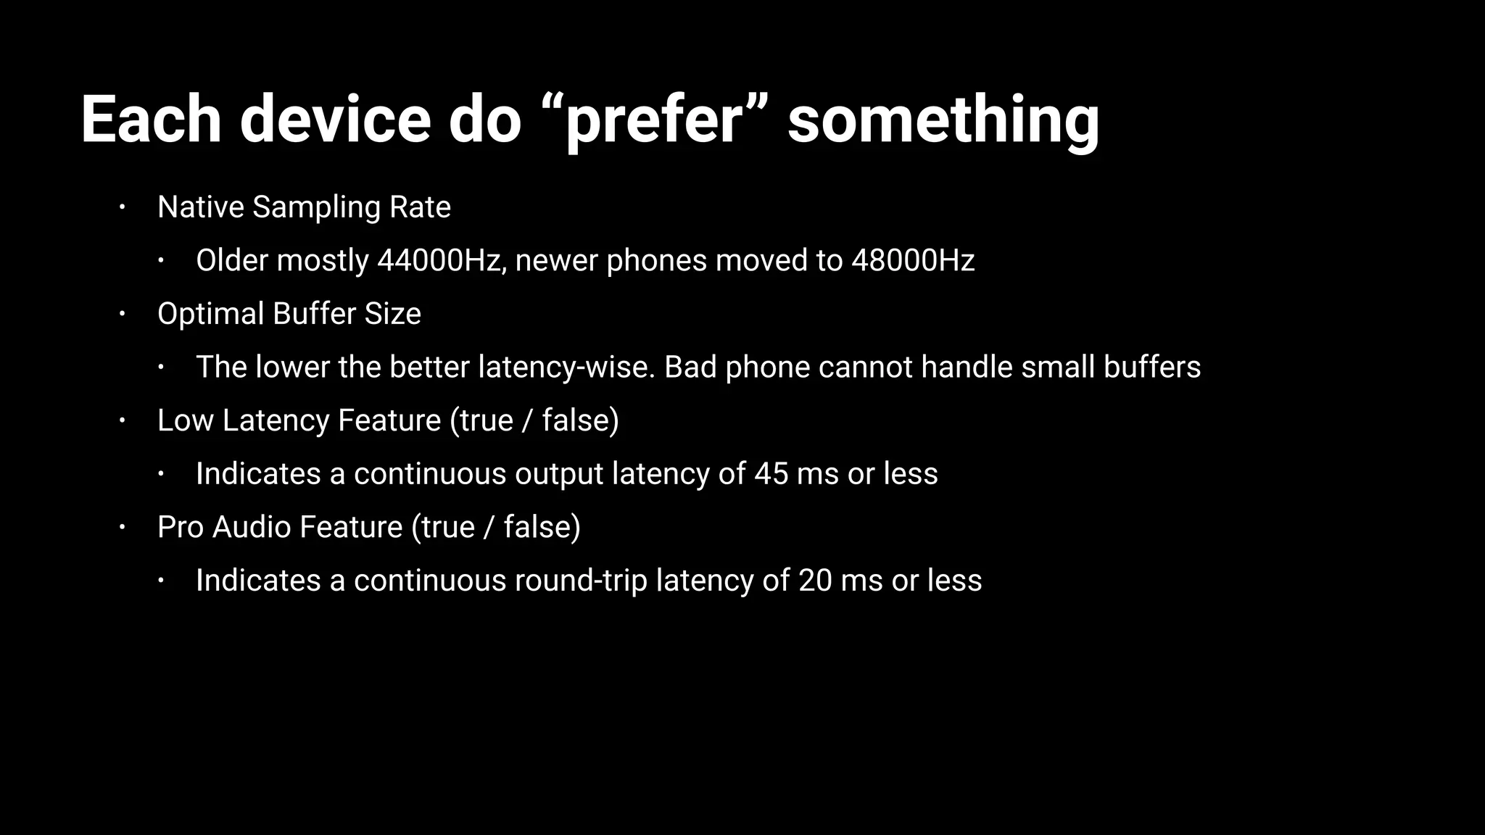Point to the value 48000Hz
point(913,260)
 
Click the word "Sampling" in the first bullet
point(316,207)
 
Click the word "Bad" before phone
point(690,367)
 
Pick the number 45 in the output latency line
point(771,474)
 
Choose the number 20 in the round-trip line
point(815,581)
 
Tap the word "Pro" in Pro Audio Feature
point(181,527)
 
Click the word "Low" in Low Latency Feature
point(185,420)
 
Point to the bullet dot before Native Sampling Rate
point(123,207)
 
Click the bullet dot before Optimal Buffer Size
point(123,314)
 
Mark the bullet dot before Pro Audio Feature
point(123,527)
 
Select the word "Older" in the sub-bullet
point(231,260)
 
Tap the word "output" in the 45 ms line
point(559,474)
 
